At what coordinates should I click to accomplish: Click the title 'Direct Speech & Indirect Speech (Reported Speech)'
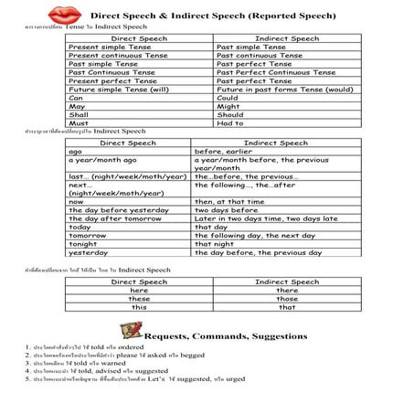click(x=228, y=16)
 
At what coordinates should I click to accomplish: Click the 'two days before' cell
click(x=228, y=209)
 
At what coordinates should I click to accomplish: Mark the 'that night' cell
click(x=220, y=243)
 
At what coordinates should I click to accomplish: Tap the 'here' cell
click(x=139, y=291)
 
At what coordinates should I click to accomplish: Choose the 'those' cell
click(x=287, y=299)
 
